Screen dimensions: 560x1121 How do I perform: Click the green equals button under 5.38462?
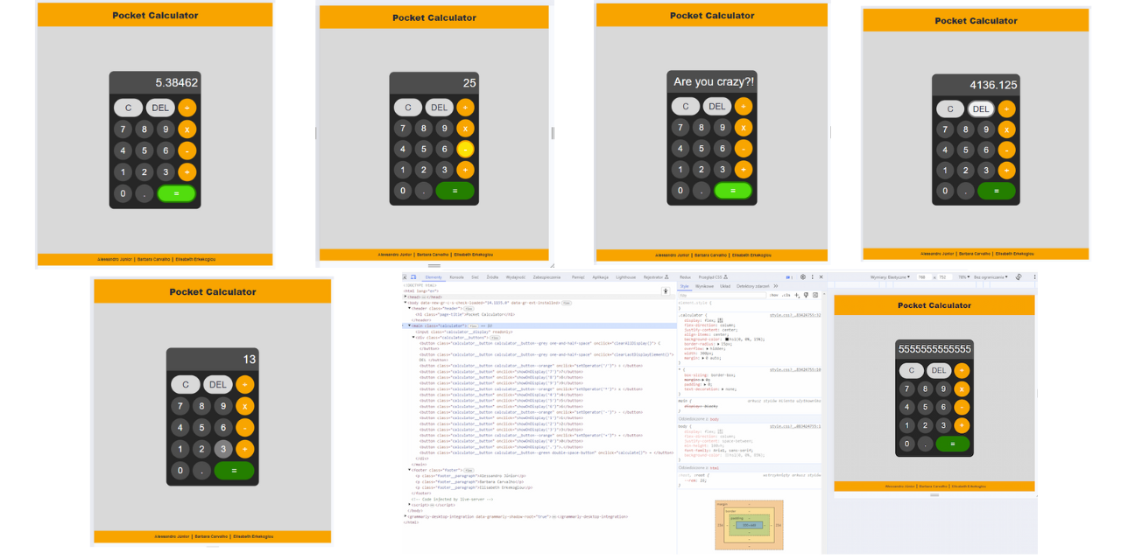pos(176,193)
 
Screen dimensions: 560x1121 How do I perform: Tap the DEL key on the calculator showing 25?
pos(439,108)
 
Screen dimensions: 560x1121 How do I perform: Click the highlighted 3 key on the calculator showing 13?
pos(223,449)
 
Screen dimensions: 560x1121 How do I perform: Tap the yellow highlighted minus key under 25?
pos(465,149)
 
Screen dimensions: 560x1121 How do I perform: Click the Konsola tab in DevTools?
pos(456,276)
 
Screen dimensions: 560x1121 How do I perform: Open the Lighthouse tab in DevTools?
pos(625,276)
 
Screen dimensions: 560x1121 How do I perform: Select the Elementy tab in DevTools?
pos(434,276)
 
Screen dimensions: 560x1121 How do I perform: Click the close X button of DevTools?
pos(821,276)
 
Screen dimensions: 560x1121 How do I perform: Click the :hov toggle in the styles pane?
pos(773,295)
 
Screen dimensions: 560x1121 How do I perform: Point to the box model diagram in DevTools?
pos(749,525)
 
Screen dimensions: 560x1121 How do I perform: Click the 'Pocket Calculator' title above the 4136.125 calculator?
pos(976,21)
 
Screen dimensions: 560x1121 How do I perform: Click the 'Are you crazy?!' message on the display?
pos(713,81)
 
